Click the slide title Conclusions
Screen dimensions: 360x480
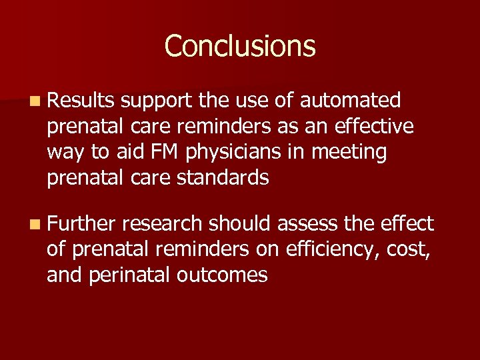(x=240, y=46)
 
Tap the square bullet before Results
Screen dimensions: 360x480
(x=34, y=101)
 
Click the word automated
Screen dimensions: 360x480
(x=351, y=101)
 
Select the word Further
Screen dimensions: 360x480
(x=82, y=223)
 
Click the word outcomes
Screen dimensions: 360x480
(x=223, y=275)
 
